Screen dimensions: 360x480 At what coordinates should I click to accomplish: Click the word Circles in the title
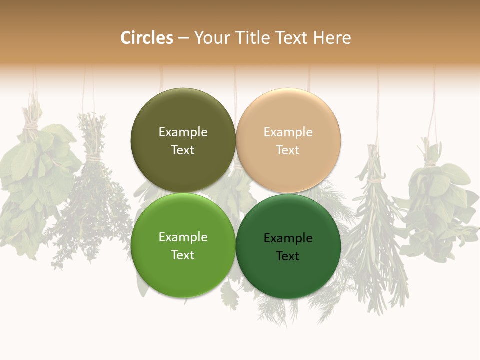tap(146, 38)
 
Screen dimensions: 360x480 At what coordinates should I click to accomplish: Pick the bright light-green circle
tap(183, 270)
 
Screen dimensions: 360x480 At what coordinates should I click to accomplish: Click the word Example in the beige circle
tap(288, 132)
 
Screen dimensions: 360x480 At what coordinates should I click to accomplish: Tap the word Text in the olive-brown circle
tap(183, 150)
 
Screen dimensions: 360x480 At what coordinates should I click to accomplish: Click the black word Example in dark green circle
tap(288, 238)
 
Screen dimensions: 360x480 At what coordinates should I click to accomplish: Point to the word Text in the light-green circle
tap(183, 255)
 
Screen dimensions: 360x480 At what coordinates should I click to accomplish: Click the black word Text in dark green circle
tap(288, 256)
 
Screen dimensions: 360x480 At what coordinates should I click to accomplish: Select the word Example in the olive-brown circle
tap(183, 132)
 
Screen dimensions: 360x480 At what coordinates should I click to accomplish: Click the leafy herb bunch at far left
tap(32, 185)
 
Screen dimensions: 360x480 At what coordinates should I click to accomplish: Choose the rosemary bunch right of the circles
tap(377, 225)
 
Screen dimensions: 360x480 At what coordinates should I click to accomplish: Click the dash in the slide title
tap(183, 38)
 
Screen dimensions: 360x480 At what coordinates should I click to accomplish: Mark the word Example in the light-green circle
tap(183, 237)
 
